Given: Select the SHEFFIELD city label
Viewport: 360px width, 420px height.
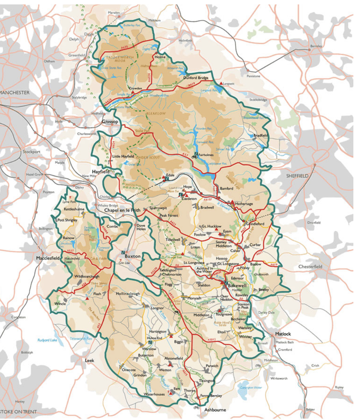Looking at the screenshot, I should [x=297, y=176].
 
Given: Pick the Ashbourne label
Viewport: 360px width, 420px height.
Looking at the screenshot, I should [x=215, y=409].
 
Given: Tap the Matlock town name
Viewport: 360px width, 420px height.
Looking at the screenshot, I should [x=283, y=333].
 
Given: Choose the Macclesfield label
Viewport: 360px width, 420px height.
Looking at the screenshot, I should [x=48, y=258].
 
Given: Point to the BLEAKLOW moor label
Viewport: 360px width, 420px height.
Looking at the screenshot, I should [x=156, y=114].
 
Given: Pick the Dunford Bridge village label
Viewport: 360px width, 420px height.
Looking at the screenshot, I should [x=196, y=78].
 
